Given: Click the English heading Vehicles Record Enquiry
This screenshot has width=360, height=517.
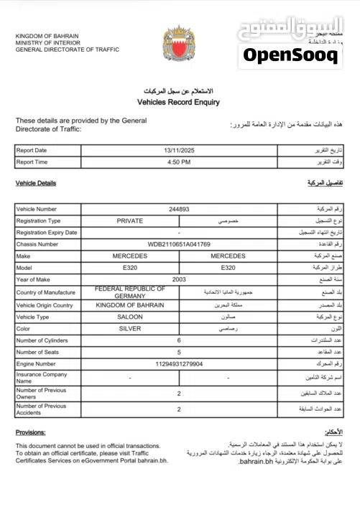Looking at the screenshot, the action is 179,103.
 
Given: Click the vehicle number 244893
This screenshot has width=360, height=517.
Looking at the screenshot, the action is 179,209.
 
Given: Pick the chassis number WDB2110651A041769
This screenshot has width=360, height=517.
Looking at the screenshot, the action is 179,245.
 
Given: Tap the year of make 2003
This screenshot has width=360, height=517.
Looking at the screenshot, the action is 179,279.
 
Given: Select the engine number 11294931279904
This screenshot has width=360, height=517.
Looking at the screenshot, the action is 179,364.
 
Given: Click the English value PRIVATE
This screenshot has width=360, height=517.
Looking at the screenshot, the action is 130,221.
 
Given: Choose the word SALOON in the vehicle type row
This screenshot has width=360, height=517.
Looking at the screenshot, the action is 130,317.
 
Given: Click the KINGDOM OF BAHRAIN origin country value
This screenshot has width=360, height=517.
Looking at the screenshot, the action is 130,304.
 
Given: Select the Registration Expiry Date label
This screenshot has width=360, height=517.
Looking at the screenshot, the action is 47,233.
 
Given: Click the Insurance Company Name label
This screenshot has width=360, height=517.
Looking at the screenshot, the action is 42,378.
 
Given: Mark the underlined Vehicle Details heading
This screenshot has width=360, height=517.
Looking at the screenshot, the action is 36,183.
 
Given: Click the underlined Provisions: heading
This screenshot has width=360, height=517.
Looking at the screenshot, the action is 30,432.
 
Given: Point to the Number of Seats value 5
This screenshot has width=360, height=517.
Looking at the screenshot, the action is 179,352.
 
